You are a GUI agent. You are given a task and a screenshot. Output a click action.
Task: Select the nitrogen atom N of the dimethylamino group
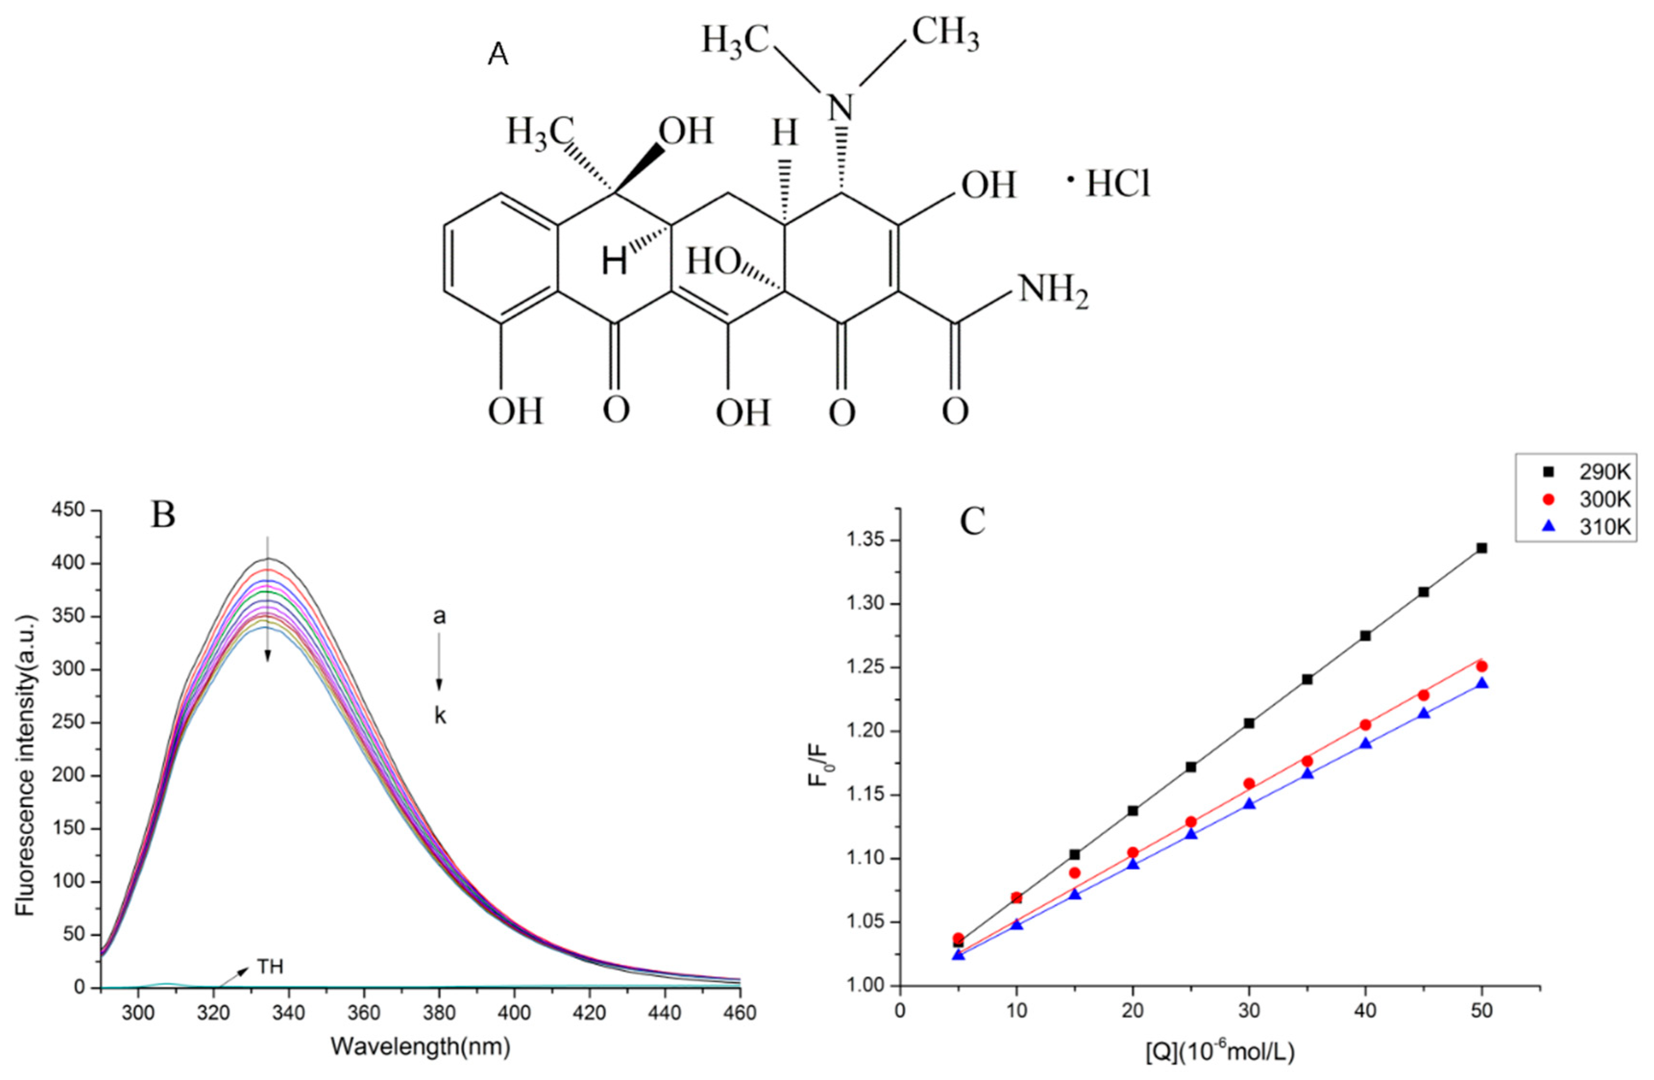pyautogui.click(x=840, y=109)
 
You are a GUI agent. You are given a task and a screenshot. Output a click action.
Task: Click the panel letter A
pyautogui.click(x=498, y=55)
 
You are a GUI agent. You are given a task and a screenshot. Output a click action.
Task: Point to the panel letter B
pyautogui.click(x=163, y=515)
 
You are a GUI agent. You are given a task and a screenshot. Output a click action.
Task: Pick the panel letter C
pyautogui.click(x=973, y=521)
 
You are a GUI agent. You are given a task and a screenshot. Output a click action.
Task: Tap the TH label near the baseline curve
pyautogui.click(x=270, y=967)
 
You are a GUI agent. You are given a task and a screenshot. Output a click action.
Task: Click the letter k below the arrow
pyautogui.click(x=440, y=716)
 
